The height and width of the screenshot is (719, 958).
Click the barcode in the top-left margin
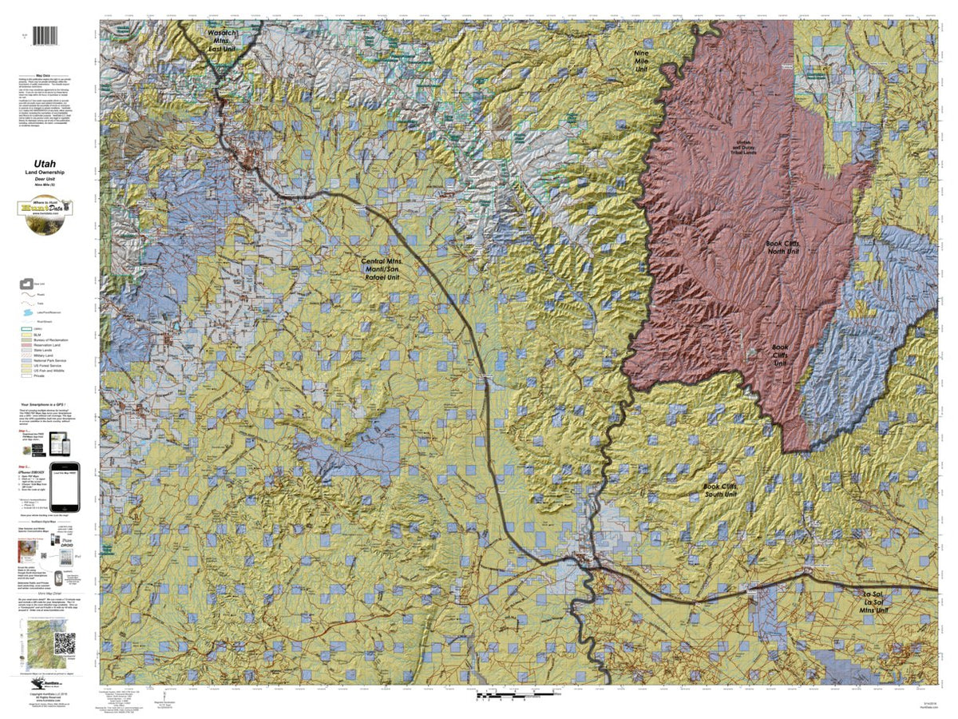[x=49, y=36]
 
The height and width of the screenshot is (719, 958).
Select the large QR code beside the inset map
[x=65, y=643]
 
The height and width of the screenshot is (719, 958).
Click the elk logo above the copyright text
[x=38, y=685]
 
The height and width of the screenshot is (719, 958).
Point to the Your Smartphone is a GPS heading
[x=49, y=405]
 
